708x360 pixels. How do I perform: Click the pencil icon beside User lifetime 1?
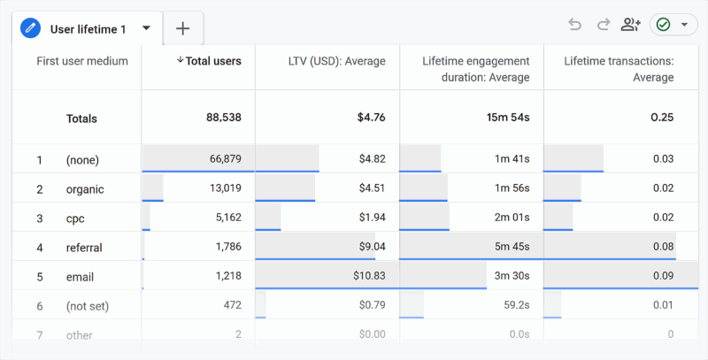coord(31,28)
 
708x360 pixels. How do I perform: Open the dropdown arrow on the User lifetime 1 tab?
coord(146,27)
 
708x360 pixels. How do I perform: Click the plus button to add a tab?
coord(182,28)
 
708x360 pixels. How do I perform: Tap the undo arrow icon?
coord(575,25)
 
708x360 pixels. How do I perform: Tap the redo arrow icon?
coord(603,25)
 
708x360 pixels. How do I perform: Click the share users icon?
coord(630,25)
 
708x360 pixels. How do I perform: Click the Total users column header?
coord(209,61)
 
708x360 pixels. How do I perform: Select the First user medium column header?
coord(82,61)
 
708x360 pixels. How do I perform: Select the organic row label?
coord(85,188)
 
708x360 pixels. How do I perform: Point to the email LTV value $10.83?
coord(366,277)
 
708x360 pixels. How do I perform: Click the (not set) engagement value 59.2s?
coord(512,306)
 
